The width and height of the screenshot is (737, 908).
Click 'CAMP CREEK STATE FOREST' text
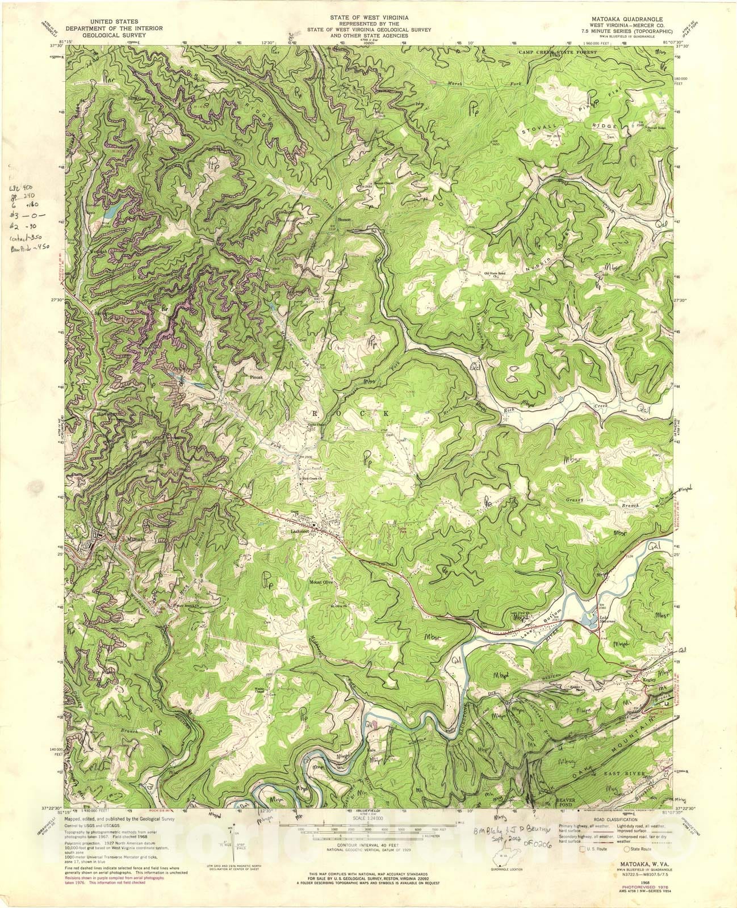558,52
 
